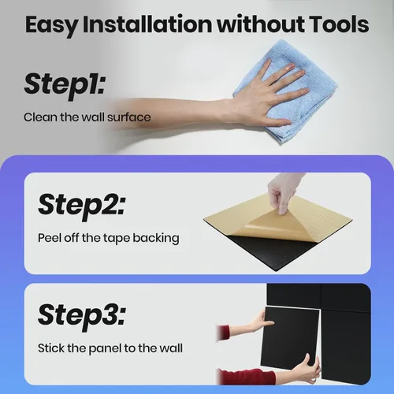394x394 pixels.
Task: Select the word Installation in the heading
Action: [147, 24]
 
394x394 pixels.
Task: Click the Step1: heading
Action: [65, 84]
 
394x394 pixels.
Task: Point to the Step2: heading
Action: [82, 205]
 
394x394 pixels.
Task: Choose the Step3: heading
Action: [82, 315]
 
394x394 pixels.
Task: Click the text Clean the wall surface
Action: [87, 117]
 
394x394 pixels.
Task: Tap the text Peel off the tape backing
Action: [109, 239]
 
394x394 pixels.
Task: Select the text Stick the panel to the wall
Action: [110, 348]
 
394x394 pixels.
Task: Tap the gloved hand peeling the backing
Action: [284, 191]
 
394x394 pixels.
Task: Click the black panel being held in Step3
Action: [291, 337]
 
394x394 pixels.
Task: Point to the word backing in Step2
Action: [156, 239]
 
